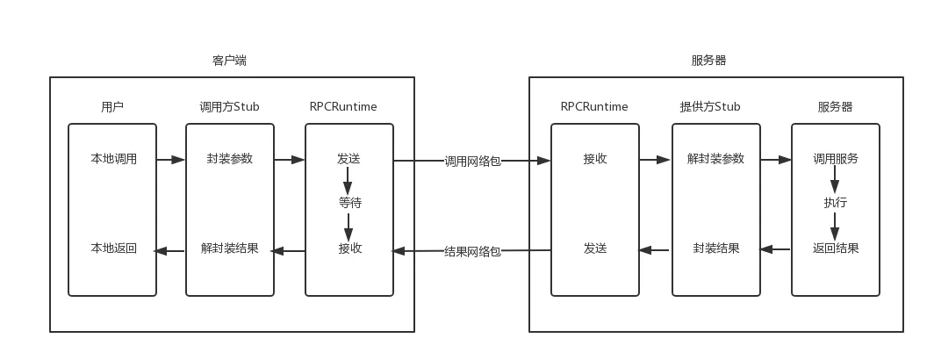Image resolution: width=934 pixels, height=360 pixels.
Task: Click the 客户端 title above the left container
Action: click(229, 61)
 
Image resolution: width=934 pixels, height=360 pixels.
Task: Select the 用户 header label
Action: click(112, 107)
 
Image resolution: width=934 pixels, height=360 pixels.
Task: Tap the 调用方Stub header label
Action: click(229, 107)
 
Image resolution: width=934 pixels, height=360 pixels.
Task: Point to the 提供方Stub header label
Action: click(710, 107)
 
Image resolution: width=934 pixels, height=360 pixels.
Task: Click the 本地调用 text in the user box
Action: click(113, 159)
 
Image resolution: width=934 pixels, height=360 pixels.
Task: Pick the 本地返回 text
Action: click(113, 248)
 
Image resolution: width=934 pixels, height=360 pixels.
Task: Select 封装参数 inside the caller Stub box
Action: click(230, 159)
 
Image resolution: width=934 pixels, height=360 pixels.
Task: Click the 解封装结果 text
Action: click(230, 248)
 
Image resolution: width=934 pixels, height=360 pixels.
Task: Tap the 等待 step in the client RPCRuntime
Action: click(349, 203)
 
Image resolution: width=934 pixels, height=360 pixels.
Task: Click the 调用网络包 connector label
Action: click(472, 162)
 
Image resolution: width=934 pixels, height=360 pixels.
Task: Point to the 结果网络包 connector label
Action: click(472, 251)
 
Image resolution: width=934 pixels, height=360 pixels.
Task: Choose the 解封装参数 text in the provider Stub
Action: click(715, 159)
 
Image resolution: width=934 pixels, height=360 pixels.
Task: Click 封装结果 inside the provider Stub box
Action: click(715, 248)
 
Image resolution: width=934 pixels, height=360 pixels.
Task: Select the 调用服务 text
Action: click(835, 159)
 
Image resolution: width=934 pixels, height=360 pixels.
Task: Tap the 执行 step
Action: click(835, 203)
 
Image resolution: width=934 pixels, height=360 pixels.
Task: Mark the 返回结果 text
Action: click(835, 248)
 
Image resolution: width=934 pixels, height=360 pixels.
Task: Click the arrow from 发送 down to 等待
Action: click(348, 182)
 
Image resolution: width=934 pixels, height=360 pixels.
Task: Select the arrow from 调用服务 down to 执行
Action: click(835, 182)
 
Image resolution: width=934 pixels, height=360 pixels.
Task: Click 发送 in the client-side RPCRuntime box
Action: click(348, 159)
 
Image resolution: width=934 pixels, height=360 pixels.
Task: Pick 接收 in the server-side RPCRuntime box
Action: click(595, 159)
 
